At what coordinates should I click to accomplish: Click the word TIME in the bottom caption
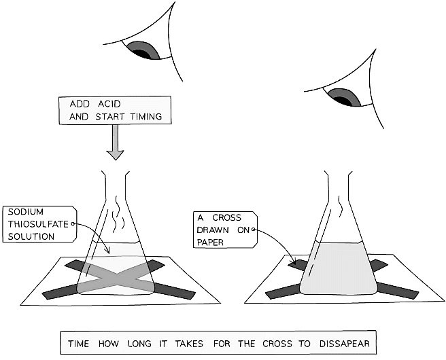pos(80,340)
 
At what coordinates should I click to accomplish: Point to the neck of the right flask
pos(337,187)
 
